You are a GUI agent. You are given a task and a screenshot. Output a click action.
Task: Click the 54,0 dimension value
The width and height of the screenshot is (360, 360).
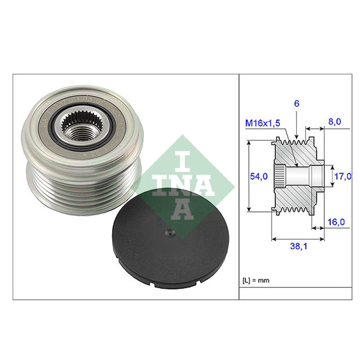coord(259,176)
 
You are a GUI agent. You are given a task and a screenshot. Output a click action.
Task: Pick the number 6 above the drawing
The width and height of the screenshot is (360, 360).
coord(297,103)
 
